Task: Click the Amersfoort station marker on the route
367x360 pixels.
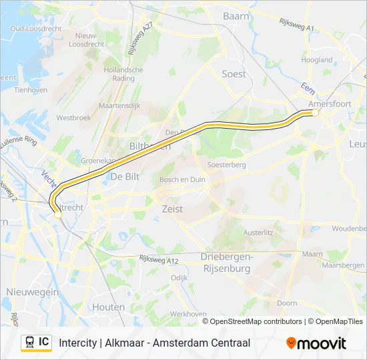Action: point(315,113)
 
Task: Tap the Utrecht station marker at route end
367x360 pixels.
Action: point(58,214)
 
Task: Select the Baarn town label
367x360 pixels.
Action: point(236,15)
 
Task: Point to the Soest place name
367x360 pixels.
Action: point(234,74)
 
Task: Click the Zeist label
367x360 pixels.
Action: point(172,209)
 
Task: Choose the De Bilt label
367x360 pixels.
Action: point(125,177)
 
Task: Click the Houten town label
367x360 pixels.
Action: point(109,307)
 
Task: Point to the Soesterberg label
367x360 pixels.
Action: point(228,165)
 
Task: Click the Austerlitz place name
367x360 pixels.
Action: point(258,233)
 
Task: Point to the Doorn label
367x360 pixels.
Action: point(287,303)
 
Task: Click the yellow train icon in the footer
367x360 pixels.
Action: point(29,342)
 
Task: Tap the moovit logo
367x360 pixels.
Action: point(316,343)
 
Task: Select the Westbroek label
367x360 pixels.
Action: point(73,117)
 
